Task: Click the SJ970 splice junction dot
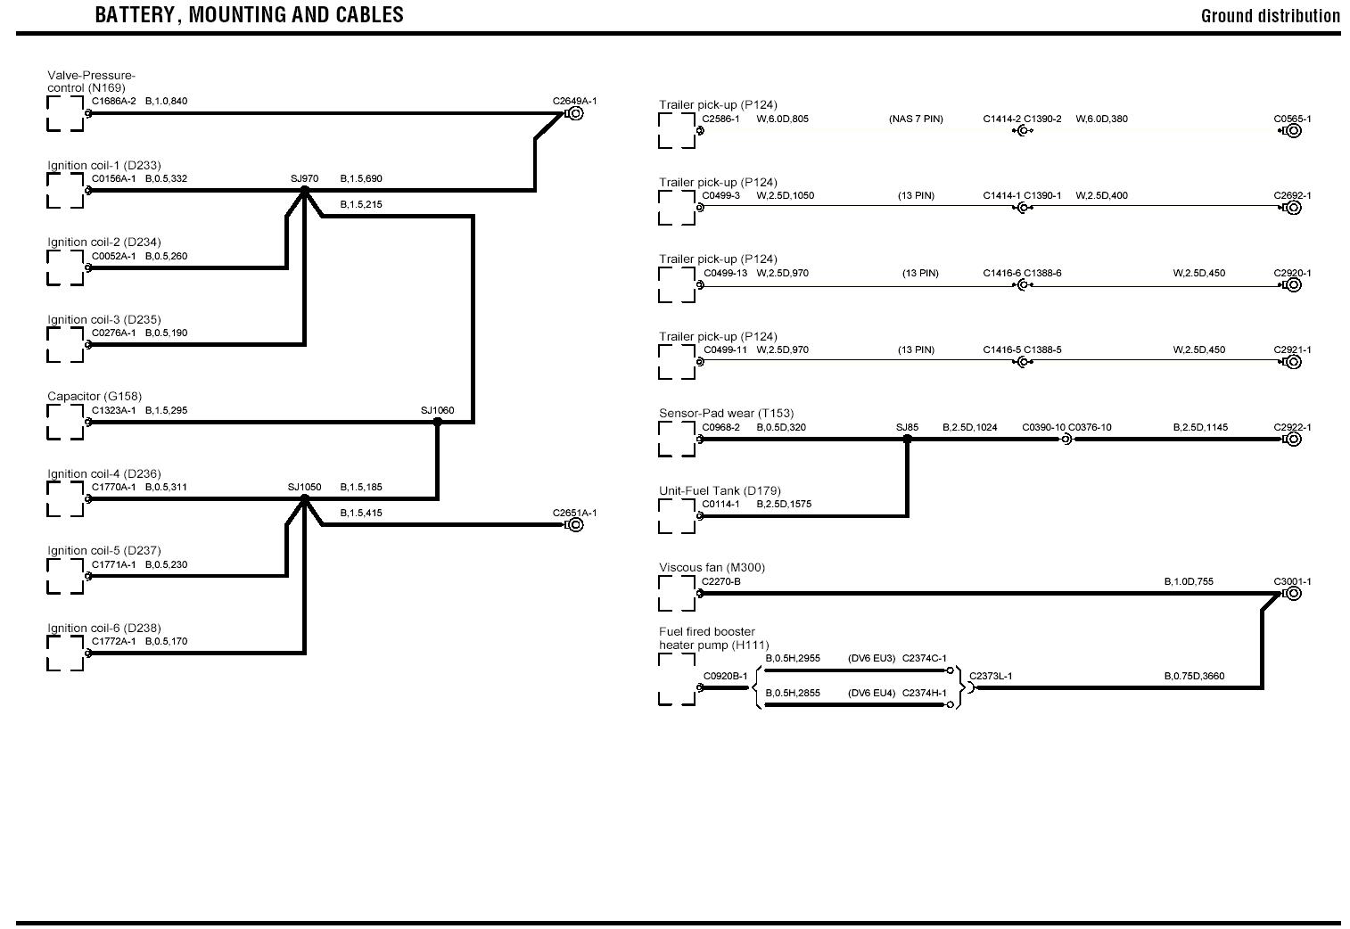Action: [304, 190]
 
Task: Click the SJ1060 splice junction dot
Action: [437, 422]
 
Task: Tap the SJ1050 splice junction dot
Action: [304, 498]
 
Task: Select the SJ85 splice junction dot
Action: [907, 439]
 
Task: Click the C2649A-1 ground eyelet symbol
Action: [575, 113]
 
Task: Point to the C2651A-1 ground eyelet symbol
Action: [575, 524]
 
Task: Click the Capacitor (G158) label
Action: [95, 396]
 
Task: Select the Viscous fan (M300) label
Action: [712, 567]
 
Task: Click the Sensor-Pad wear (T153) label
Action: [726, 413]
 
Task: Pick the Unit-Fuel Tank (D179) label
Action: [720, 490]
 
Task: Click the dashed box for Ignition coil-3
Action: [65, 344]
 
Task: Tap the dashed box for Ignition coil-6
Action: [65, 653]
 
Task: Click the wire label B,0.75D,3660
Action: [1194, 676]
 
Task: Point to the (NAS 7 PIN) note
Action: [916, 119]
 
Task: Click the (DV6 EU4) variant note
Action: [871, 693]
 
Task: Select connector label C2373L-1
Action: [991, 676]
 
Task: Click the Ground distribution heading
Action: [1270, 16]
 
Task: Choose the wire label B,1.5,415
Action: [361, 513]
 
